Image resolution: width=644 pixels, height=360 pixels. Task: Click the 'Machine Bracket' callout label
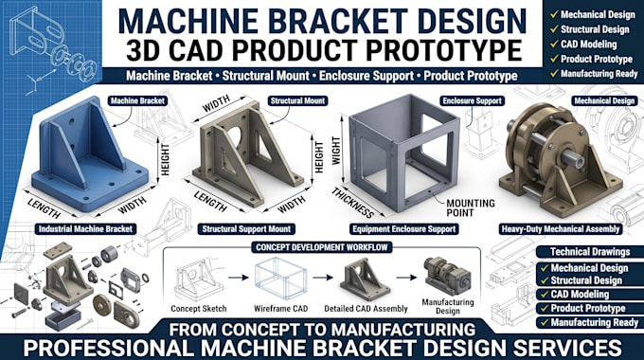pos(137,100)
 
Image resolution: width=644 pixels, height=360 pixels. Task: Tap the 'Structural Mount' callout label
pos(297,100)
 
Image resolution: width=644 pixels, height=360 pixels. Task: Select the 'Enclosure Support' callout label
pos(473,100)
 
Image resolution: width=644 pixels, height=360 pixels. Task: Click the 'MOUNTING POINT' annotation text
pos(471,207)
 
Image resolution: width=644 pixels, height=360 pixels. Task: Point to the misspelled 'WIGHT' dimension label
pos(336,151)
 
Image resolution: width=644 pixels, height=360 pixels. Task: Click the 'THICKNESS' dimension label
pos(353,203)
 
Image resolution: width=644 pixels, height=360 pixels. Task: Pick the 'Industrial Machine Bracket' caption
pos(85,229)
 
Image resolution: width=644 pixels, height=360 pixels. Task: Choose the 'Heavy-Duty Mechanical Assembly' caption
pos(561,229)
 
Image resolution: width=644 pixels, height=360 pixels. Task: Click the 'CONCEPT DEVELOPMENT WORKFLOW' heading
pos(322,247)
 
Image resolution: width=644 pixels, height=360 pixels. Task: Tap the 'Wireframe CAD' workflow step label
pos(281,308)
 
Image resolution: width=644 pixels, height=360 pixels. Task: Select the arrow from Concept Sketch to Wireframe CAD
pos(239,278)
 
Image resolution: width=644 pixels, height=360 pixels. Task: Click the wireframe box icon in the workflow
pos(281,278)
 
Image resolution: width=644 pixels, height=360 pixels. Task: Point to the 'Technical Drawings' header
pos(590,251)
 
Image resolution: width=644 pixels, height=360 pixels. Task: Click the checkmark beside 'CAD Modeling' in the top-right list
pos(554,44)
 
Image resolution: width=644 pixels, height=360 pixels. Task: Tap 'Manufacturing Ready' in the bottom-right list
pos(595,322)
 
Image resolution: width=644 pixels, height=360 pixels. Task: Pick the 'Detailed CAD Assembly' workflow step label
pos(366,308)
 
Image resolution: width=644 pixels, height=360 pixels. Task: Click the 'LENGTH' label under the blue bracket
pos(45,207)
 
